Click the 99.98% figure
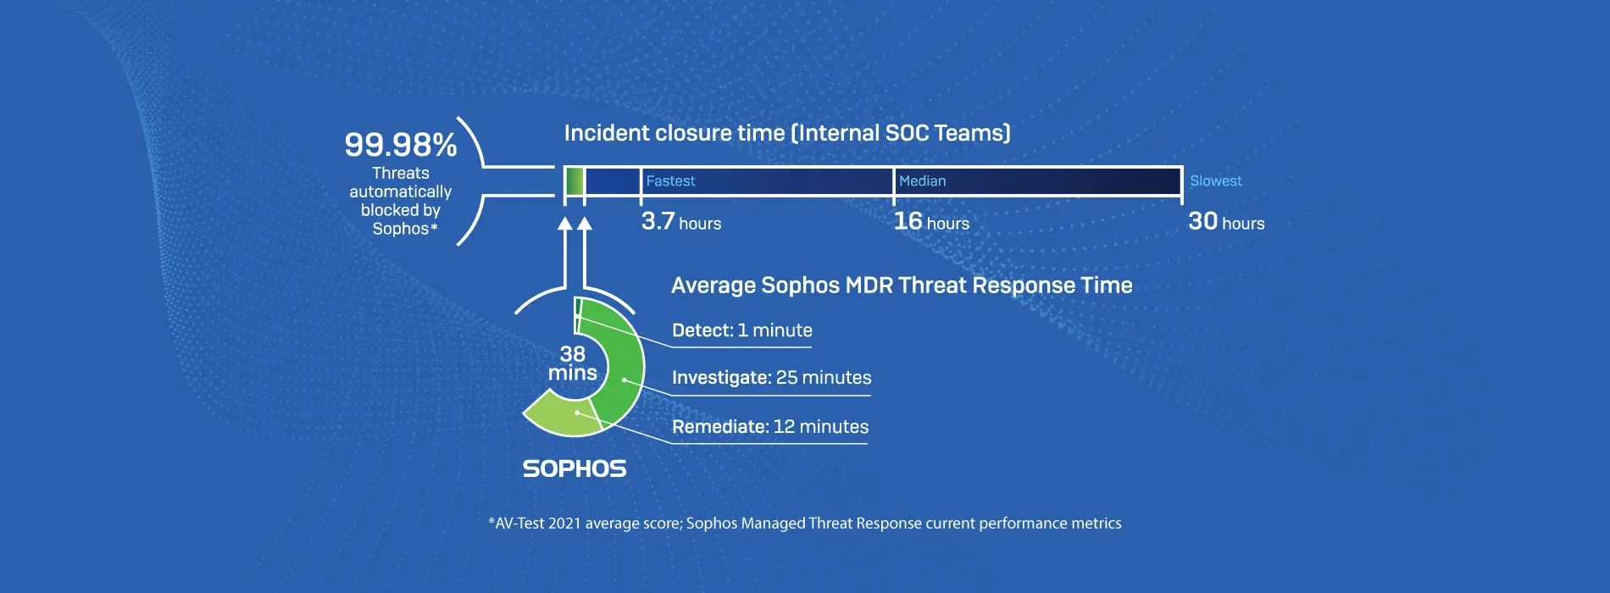401,145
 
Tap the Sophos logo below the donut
575,468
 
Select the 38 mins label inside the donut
573,363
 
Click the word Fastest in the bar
670,180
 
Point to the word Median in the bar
923,180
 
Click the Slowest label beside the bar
1216,180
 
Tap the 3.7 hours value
681,222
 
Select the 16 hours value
931,222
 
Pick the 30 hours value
1226,222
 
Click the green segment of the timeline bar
575,181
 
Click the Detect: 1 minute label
742,330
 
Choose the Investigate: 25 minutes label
772,378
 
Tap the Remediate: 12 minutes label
770,427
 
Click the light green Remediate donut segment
561,415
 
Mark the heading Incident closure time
787,133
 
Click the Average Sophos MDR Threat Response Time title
902,285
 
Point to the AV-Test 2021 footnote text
805,524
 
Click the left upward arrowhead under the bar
565,224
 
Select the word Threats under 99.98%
401,174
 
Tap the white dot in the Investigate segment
625,380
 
